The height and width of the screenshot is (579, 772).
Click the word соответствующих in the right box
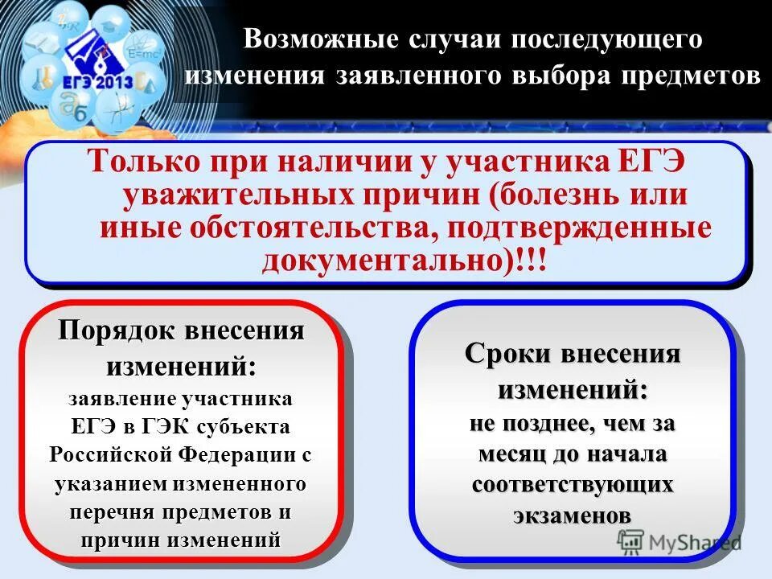[572, 485]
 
